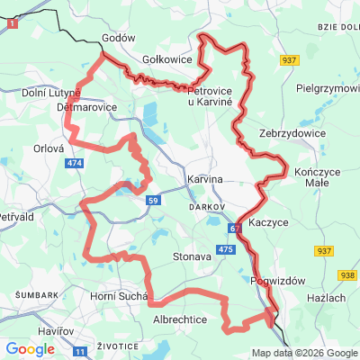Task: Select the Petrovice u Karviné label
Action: tap(209, 94)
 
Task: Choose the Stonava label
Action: tap(191, 256)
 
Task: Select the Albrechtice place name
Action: tap(181, 319)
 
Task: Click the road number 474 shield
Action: tap(75, 163)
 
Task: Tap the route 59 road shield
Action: tap(154, 198)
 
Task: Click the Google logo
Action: tap(30, 349)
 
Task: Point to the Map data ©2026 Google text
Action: tap(304, 353)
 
